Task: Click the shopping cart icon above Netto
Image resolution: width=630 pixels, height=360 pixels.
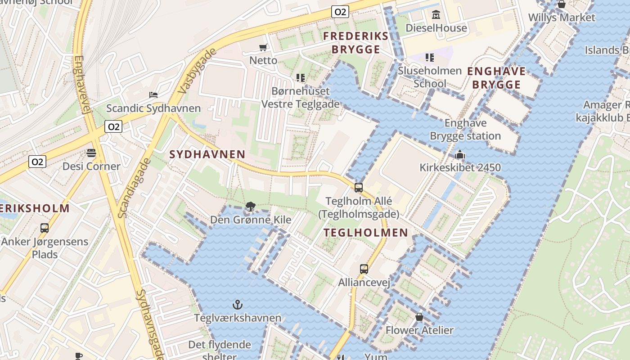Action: coord(263,47)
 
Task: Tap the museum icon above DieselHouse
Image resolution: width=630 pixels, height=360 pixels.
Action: coord(436,15)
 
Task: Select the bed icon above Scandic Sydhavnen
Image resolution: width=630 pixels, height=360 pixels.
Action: coord(153,95)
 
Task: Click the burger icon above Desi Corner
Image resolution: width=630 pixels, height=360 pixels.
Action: coord(91,153)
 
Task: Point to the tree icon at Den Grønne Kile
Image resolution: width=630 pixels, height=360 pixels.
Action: coord(251,207)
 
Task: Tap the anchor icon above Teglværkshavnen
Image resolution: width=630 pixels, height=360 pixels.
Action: coord(237,305)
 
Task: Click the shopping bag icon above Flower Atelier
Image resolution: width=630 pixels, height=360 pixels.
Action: coord(419,317)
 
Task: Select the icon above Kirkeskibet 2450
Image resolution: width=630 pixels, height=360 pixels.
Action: coord(460,155)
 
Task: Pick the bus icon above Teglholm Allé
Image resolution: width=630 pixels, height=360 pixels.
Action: coord(359,188)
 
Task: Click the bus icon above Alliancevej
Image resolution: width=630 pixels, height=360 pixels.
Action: coord(364,269)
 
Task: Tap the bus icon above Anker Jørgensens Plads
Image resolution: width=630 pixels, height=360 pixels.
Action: coord(45,228)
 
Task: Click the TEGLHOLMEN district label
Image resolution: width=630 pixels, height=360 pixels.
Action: coord(366,233)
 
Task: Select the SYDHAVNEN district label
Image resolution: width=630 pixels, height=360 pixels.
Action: coord(207,154)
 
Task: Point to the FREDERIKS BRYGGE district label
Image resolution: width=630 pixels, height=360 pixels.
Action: coord(356,43)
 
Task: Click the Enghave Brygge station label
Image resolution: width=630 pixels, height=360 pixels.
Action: coord(465,130)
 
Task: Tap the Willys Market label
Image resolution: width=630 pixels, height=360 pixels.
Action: coord(562,18)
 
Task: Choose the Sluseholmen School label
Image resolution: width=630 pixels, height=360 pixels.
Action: coord(430,77)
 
